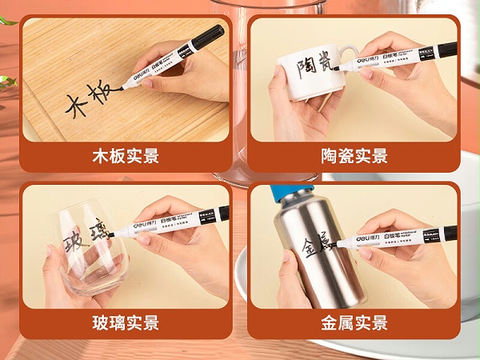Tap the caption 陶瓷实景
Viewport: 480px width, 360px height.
(x=354, y=156)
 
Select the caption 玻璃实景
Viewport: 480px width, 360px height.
(x=126, y=323)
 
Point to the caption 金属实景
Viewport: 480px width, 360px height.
(x=354, y=323)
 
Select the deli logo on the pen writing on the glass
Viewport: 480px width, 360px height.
(x=131, y=226)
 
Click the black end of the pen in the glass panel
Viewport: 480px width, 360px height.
(x=223, y=213)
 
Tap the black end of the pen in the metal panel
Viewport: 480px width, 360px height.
(x=450, y=233)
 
